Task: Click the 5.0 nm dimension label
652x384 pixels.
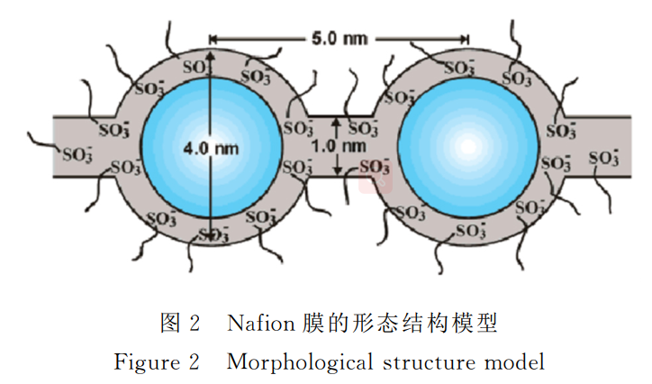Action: (339, 39)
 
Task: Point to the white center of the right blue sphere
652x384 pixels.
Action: (466, 146)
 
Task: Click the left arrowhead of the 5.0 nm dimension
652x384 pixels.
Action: (213, 39)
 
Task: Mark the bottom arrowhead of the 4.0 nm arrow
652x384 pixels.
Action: (209, 238)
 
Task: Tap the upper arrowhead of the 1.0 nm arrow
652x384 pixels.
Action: (337, 121)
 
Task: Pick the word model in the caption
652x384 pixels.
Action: (515, 361)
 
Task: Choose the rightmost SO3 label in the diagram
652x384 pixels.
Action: (603, 158)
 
